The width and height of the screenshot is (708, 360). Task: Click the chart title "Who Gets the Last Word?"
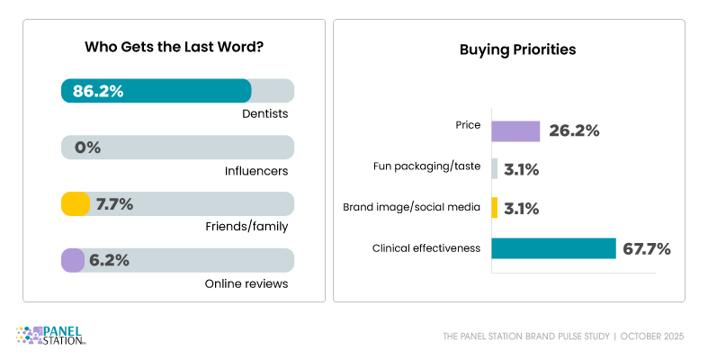(174, 47)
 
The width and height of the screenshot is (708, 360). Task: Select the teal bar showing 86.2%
(156, 91)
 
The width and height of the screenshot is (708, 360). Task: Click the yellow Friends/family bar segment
(76, 204)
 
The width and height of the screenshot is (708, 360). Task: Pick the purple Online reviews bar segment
(73, 261)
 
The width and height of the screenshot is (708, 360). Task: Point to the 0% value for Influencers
(88, 148)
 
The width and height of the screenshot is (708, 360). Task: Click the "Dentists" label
(264, 114)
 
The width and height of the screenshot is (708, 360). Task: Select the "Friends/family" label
(252, 227)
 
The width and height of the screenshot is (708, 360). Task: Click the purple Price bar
(515, 130)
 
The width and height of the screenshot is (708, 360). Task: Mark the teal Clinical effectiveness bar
(553, 248)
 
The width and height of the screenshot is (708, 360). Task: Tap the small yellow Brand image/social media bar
(495, 208)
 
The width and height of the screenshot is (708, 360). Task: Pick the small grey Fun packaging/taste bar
(495, 168)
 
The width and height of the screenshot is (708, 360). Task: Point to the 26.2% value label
(573, 130)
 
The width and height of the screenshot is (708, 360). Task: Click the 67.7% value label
(647, 248)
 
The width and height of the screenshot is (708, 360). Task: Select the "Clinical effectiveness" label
(427, 248)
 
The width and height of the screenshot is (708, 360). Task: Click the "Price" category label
(468, 126)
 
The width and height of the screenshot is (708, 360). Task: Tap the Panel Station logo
(51, 335)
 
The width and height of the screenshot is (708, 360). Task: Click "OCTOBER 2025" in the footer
(654, 337)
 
